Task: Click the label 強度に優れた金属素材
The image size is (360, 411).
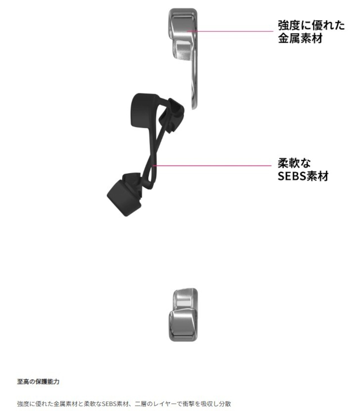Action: tap(311, 32)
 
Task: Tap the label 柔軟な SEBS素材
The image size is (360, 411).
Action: tap(303, 169)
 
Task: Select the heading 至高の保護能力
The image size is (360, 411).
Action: tap(38, 381)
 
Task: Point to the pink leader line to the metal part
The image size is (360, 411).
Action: tap(230, 31)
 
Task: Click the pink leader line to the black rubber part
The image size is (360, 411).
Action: tap(212, 165)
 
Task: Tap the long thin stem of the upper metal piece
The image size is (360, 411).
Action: tap(194, 79)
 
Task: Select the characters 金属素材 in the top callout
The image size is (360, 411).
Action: tap(300, 38)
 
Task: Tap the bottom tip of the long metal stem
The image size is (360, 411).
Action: tap(194, 109)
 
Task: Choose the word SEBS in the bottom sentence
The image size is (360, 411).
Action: tap(109, 404)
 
